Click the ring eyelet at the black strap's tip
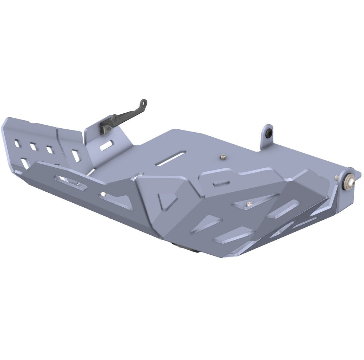144,103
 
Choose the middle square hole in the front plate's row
33,146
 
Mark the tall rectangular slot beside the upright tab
75,156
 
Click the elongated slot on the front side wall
69,182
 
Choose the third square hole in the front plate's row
50,149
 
